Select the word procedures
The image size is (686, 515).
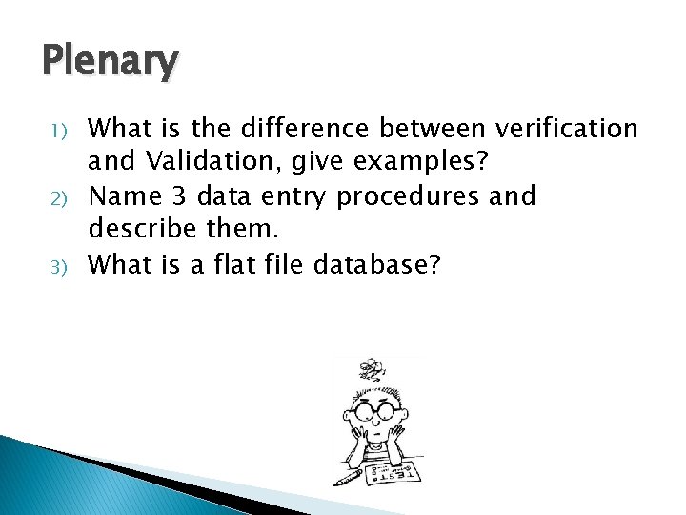click(419, 197)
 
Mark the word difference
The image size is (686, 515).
click(292, 128)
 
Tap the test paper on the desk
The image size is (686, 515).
click(392, 468)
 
